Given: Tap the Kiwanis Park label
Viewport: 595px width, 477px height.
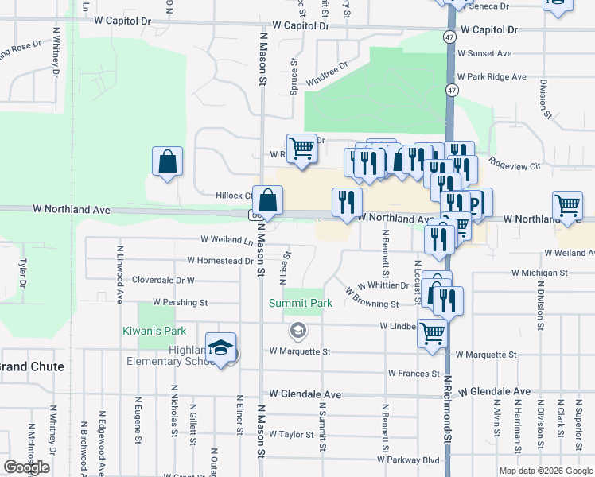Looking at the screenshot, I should (x=154, y=331).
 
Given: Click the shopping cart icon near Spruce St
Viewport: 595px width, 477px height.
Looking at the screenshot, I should (x=301, y=148).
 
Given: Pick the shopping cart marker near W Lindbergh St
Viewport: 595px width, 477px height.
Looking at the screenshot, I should (x=432, y=333).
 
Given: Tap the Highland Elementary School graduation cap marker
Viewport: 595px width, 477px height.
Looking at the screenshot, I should (x=221, y=347).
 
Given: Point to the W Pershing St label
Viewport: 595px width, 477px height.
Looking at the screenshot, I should (x=180, y=303).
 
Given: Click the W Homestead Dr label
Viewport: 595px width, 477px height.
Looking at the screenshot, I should (x=220, y=261).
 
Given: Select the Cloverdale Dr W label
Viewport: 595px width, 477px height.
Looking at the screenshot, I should (x=163, y=281).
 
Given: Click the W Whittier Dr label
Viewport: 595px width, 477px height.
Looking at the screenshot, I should (x=383, y=285).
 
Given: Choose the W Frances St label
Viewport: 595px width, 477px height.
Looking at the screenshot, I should (x=414, y=373).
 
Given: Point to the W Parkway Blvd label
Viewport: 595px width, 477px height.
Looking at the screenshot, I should (x=409, y=460).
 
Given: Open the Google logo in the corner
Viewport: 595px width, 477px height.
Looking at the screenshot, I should (x=27, y=467).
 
